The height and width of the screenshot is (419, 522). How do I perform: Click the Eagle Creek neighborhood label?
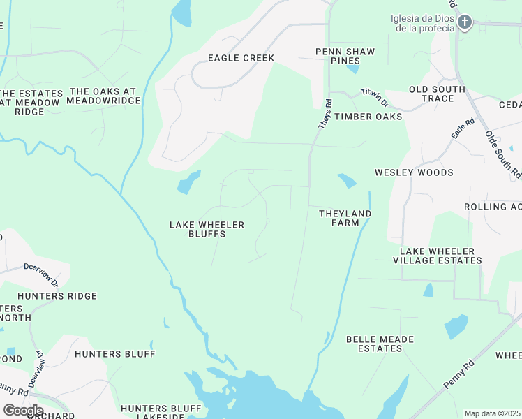coord(241,58)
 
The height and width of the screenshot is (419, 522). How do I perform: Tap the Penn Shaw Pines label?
coord(345,57)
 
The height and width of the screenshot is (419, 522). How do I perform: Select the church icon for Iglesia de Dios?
coord(464,22)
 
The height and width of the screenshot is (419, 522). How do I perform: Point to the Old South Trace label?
coord(437,94)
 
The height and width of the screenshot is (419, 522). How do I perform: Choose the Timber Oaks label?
coord(368,117)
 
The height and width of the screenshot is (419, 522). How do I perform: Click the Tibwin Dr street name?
coord(374,97)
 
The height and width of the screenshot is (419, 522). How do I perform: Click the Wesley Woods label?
coord(414,172)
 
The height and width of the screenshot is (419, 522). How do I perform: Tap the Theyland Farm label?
coord(345,218)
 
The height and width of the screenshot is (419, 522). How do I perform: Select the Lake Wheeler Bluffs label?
coord(207,229)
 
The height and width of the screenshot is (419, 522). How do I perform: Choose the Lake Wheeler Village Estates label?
coord(437,256)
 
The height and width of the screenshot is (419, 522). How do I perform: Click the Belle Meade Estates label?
coord(380,344)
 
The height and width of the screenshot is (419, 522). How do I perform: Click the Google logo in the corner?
coord(23,411)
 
